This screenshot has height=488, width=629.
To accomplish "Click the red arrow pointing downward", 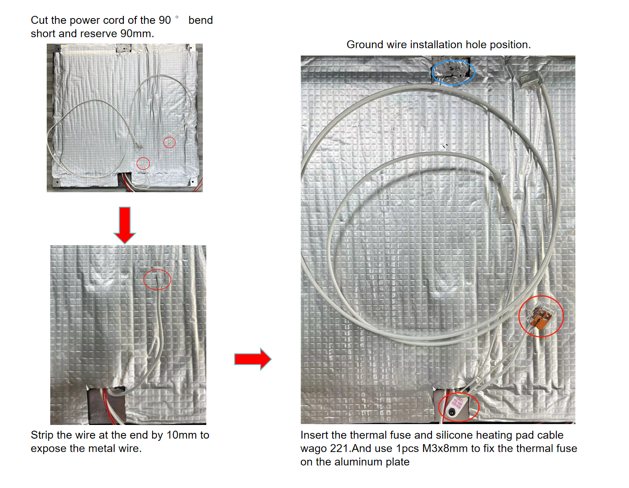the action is pos(124,225).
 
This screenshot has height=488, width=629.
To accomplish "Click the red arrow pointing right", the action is pos(253,359).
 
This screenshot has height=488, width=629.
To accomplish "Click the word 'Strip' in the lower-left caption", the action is pos(42,435).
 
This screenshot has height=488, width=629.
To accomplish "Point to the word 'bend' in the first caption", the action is pos(200,20).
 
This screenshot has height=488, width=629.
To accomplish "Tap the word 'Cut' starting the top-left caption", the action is pos(39,20).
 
